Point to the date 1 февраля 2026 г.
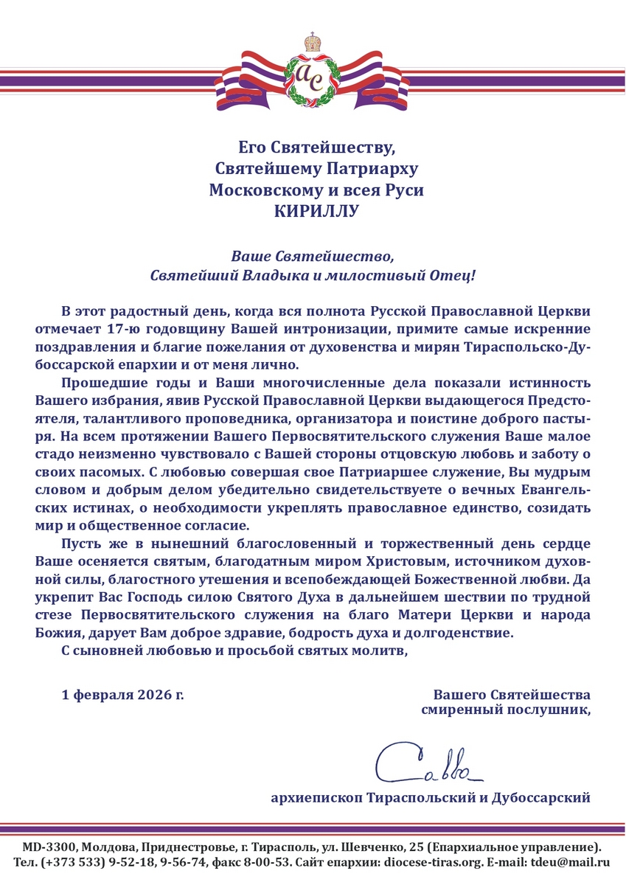point(122,695)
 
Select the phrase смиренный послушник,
point(506,710)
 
